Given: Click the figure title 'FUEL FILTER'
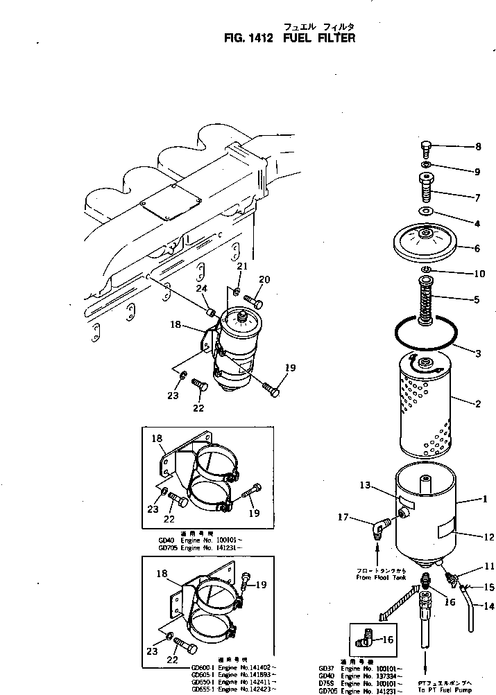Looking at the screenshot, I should click(x=319, y=38).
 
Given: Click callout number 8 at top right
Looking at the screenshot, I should click(x=478, y=147).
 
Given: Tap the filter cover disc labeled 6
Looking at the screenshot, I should click(x=427, y=243).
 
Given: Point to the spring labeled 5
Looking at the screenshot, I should click(x=427, y=299).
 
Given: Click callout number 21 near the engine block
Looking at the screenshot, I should click(x=241, y=266).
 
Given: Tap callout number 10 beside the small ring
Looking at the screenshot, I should click(x=478, y=274).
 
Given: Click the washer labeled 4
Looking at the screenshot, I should click(x=427, y=211).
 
